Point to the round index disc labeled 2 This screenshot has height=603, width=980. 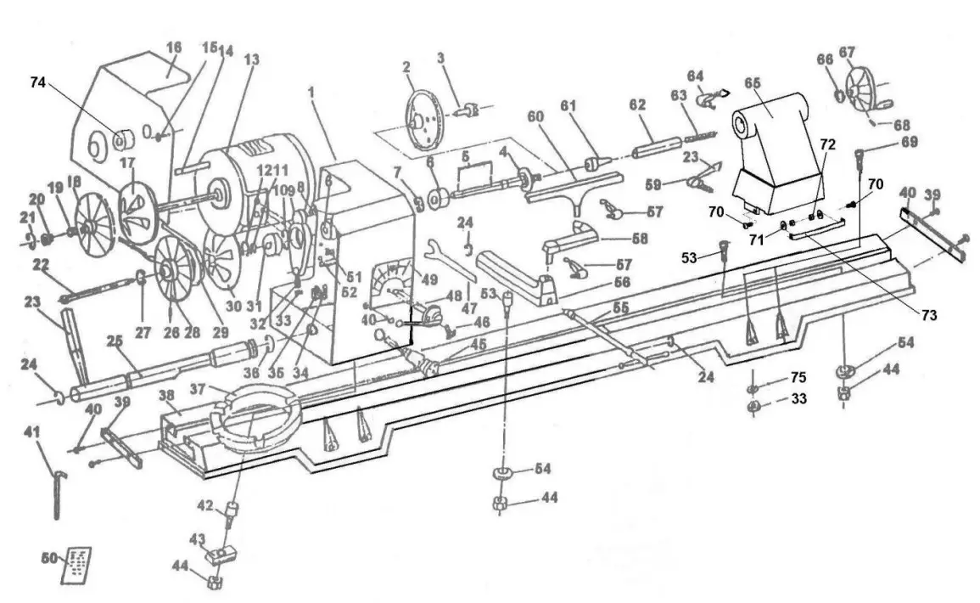[424, 118]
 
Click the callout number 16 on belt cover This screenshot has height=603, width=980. [174, 48]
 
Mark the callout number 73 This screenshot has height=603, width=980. [927, 315]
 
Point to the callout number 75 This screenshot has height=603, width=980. [798, 377]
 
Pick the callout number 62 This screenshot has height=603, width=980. [637, 104]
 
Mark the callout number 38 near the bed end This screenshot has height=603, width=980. [168, 395]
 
